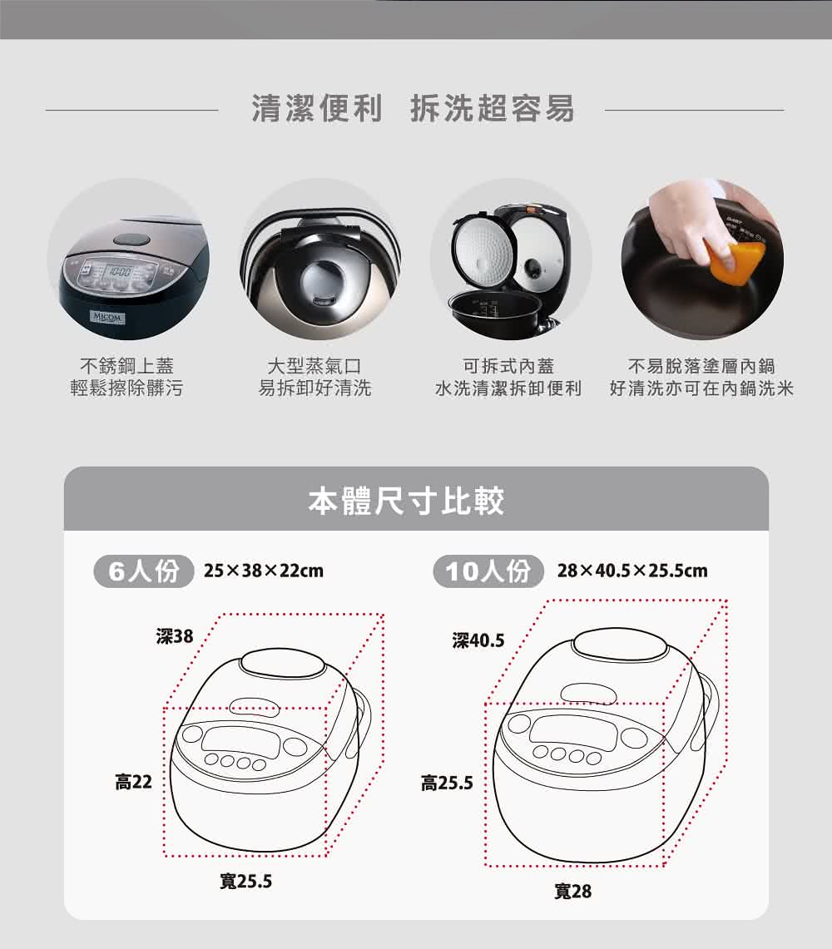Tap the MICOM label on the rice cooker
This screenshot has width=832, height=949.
[x=107, y=317]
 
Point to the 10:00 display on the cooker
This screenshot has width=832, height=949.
[x=120, y=271]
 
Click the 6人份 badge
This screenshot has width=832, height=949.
[x=143, y=571]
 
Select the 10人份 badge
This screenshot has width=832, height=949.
[x=488, y=571]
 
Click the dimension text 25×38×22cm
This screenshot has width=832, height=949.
[x=264, y=571]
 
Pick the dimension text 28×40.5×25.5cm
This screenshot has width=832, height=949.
[x=632, y=571]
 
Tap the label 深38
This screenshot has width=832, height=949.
[x=175, y=636]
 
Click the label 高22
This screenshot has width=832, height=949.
[x=133, y=782]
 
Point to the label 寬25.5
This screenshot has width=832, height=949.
[x=245, y=882]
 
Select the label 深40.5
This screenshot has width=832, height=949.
[x=478, y=640]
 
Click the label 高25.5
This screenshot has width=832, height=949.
[x=447, y=783]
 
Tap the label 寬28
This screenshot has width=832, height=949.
[x=573, y=891]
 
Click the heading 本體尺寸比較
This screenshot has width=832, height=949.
[x=406, y=502]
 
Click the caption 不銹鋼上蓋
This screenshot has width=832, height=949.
[x=126, y=366]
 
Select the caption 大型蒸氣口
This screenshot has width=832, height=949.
[x=314, y=366]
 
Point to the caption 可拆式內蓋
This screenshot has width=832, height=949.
[x=508, y=366]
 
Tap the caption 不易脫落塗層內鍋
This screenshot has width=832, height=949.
[x=701, y=366]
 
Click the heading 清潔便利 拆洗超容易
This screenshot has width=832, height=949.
[x=413, y=109]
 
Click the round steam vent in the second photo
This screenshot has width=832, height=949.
[x=324, y=279]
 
